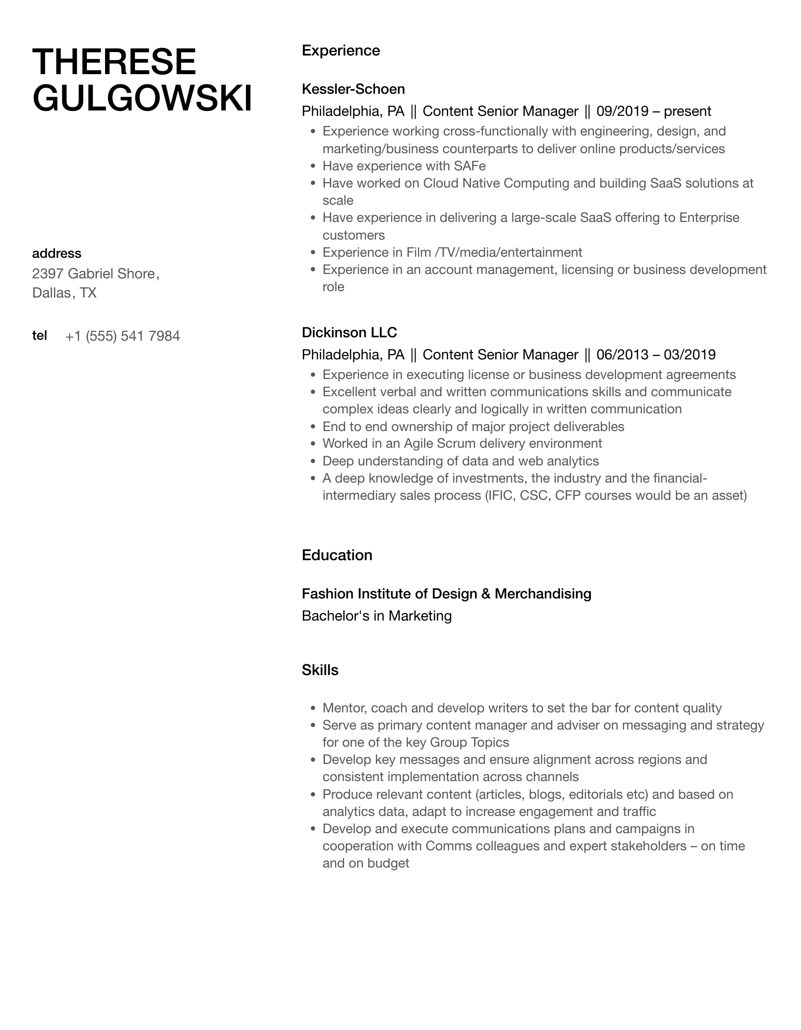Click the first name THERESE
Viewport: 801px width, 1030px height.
114,62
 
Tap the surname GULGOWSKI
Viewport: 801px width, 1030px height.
142,98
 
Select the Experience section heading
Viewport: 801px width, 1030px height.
341,51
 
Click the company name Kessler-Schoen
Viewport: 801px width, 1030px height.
353,89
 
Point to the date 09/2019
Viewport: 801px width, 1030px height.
621,111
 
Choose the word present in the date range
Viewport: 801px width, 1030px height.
687,111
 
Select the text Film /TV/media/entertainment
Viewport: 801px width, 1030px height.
494,252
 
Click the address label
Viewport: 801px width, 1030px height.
56,253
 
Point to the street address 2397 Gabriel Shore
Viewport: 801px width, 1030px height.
94,273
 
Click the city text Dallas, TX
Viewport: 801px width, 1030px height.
64,293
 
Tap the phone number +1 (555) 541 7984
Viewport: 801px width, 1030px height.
123,336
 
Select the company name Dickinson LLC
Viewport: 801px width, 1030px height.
349,332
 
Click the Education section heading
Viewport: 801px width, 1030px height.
337,555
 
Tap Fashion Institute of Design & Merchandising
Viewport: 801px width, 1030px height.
446,594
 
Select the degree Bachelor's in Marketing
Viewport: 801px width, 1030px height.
376,616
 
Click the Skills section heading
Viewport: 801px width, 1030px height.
320,670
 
